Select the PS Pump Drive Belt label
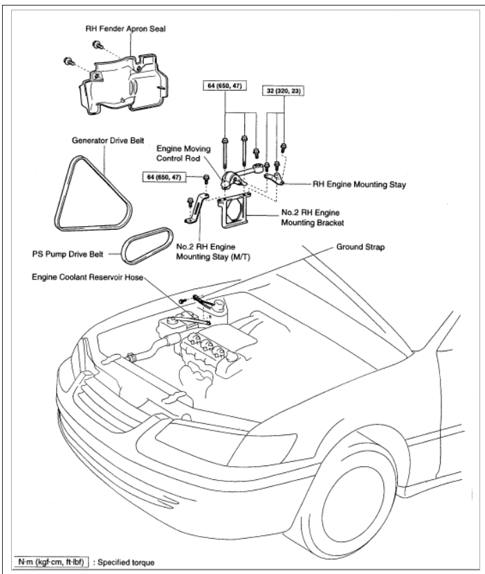[71, 254]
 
